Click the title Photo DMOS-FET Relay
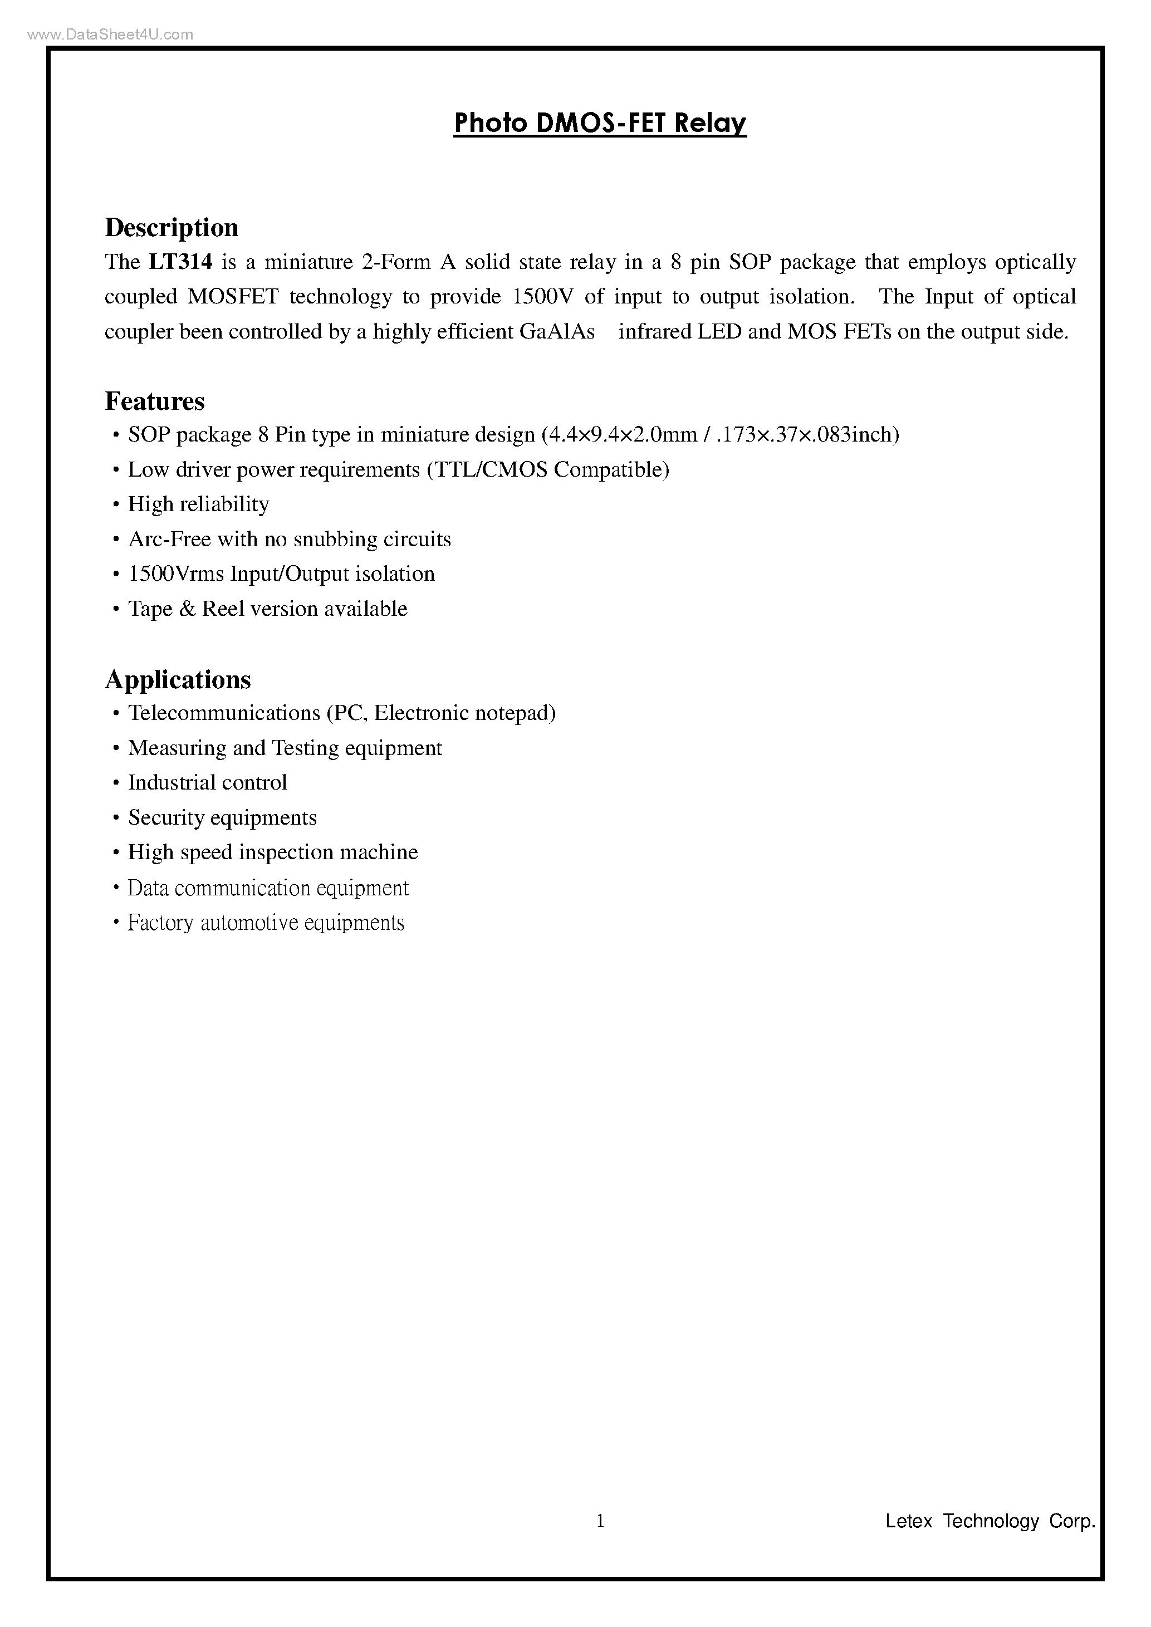click(x=600, y=123)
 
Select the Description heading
click(x=172, y=228)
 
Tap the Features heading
click(x=154, y=401)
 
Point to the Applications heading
click(x=178, y=679)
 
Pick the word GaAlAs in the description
click(x=557, y=332)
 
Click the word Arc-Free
click(x=169, y=539)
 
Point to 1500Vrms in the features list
click(x=176, y=574)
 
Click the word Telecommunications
click(x=224, y=713)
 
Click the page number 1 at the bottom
click(x=600, y=1521)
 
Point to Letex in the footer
click(x=909, y=1521)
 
